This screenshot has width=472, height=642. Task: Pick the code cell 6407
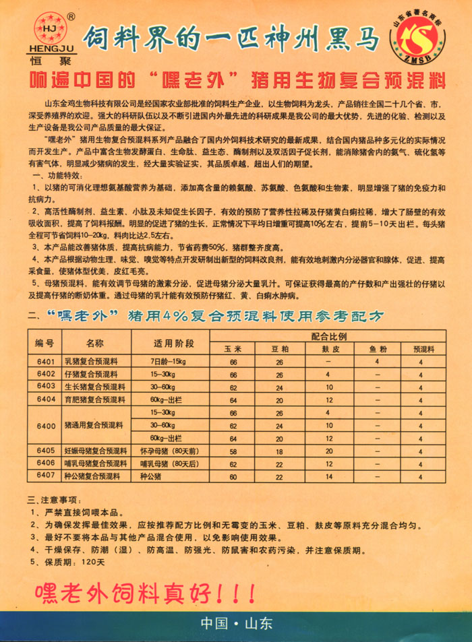46,476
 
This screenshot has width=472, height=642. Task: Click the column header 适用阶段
173,342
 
